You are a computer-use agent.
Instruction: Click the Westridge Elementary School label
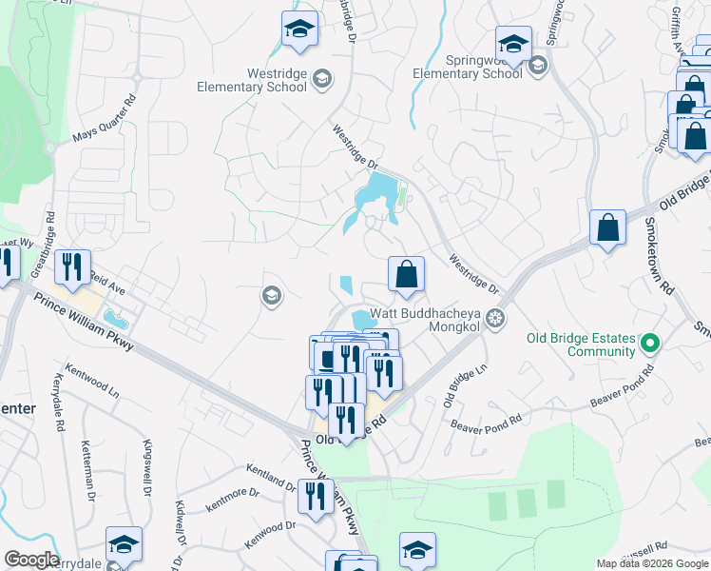click(252, 79)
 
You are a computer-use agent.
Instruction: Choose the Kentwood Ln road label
click(91, 378)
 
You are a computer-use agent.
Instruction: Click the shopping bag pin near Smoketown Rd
click(607, 228)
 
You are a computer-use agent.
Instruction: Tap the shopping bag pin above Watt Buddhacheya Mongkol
click(406, 274)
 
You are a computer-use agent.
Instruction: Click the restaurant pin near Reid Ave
click(72, 266)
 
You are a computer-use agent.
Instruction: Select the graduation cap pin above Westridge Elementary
click(299, 29)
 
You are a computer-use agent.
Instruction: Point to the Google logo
click(31, 560)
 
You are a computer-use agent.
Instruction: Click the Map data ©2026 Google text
click(653, 563)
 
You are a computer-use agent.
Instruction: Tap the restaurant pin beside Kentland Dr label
click(313, 495)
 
